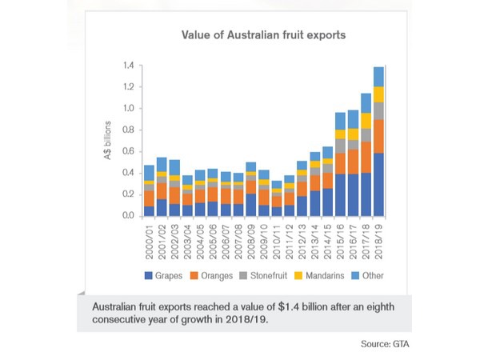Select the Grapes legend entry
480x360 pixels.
click(165, 276)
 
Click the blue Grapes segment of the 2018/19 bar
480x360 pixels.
click(379, 185)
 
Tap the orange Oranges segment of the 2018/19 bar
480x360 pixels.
click(379, 137)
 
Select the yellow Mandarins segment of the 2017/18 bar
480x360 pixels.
click(366, 121)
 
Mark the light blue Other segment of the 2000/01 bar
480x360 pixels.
click(149, 173)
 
